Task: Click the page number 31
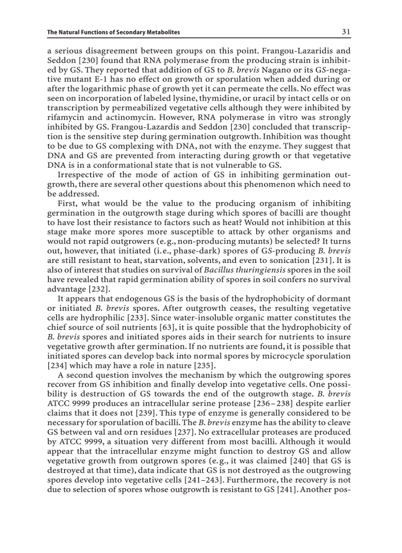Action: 346,32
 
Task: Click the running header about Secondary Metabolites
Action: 113,33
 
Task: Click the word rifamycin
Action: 66,118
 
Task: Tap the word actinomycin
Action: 116,118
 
